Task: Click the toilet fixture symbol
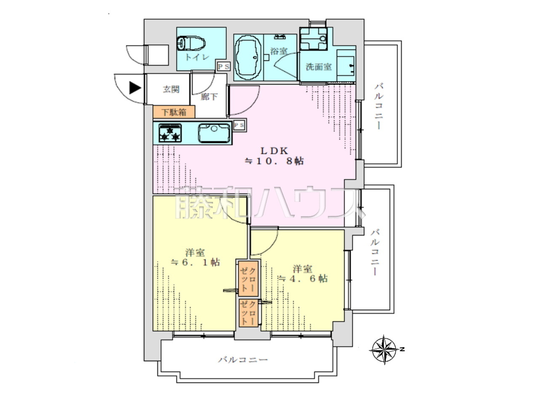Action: [x=191, y=43]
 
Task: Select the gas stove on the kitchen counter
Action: [x=170, y=133]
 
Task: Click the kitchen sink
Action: [x=214, y=133]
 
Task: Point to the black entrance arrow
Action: [x=135, y=88]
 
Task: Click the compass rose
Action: [x=384, y=349]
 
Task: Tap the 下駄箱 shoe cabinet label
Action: [x=174, y=112]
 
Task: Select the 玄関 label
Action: [x=171, y=89]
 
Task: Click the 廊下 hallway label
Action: [x=209, y=97]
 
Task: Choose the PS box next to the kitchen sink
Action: [x=239, y=125]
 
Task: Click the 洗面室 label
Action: [x=319, y=67]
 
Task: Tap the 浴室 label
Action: [x=279, y=51]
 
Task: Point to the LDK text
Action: [x=274, y=150]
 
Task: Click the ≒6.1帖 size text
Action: [x=195, y=263]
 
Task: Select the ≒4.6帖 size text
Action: [x=303, y=279]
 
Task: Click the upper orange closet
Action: [x=248, y=279]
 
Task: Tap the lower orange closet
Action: [x=248, y=313]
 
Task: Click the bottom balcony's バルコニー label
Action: [x=243, y=360]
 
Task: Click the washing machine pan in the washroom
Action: [x=313, y=39]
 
